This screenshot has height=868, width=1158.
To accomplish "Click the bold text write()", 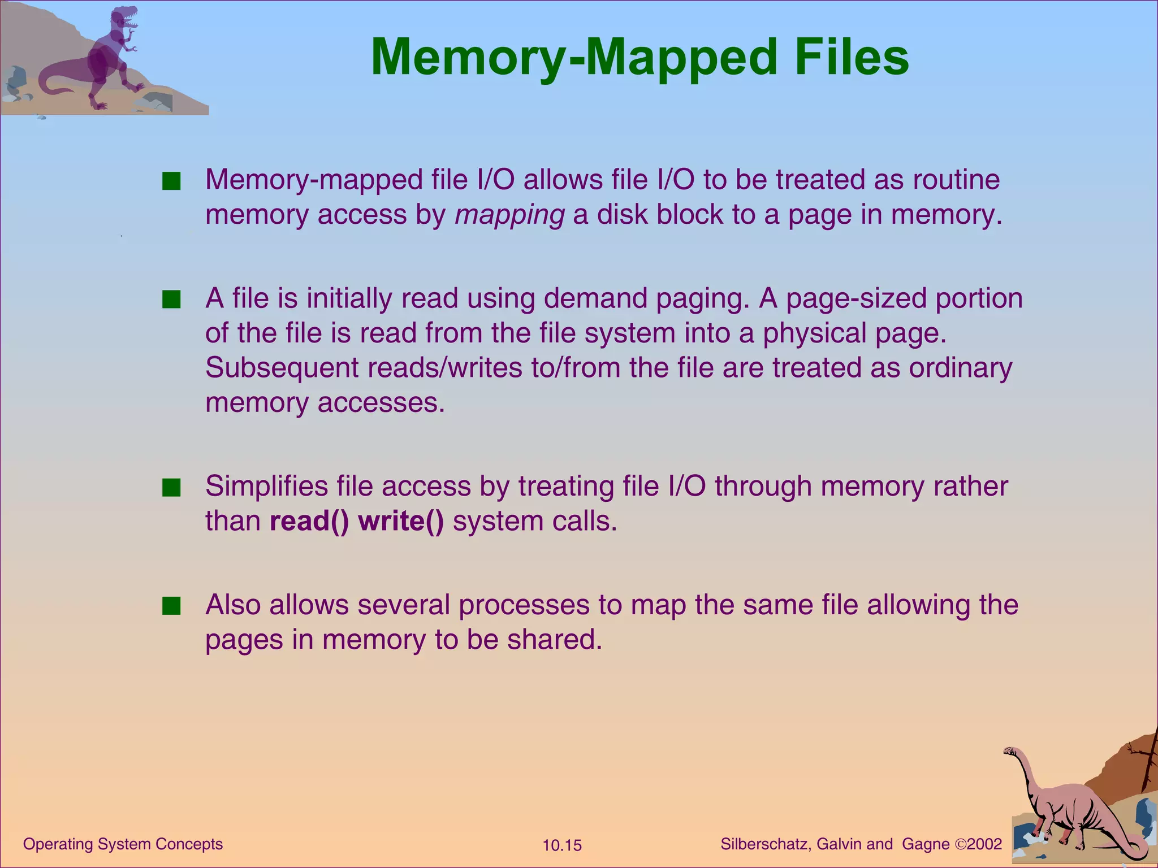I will (x=401, y=521).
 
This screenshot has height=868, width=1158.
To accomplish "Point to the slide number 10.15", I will (x=562, y=845).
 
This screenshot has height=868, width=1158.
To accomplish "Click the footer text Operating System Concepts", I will (x=123, y=844).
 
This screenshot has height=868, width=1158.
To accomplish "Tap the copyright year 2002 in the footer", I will (x=984, y=844).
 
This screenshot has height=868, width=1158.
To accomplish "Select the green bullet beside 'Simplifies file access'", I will (x=171, y=487).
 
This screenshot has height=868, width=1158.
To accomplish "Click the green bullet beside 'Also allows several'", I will (x=171, y=606).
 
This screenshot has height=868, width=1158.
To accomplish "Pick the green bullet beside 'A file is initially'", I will (x=171, y=300).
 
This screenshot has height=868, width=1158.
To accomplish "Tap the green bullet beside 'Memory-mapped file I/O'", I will (x=171, y=181).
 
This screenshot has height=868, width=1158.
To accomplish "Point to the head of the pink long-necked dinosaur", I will (x=1010, y=752).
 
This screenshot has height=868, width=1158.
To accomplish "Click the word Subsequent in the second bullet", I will (x=282, y=368).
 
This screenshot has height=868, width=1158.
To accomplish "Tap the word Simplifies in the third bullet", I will (x=266, y=487).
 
